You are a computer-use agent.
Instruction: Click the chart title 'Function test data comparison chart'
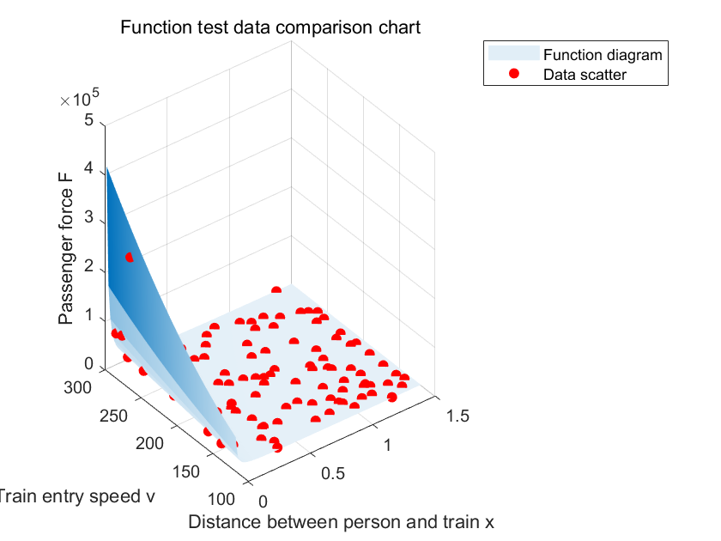pyautogui.click(x=270, y=27)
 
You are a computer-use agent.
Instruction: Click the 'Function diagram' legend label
pyautogui.click(x=603, y=55)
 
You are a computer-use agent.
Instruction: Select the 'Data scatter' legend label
pyautogui.click(x=585, y=75)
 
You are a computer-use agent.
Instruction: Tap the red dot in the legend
pyautogui.click(x=514, y=75)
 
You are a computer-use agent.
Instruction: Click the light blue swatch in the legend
pyautogui.click(x=513, y=54)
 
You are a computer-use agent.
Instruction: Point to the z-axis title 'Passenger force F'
pyautogui.click(x=66, y=248)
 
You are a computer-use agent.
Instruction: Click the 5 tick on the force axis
pyautogui.click(x=89, y=121)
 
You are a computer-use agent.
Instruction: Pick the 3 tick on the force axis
pyautogui.click(x=89, y=221)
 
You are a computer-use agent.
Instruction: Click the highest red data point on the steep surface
pyautogui.click(x=129, y=258)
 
